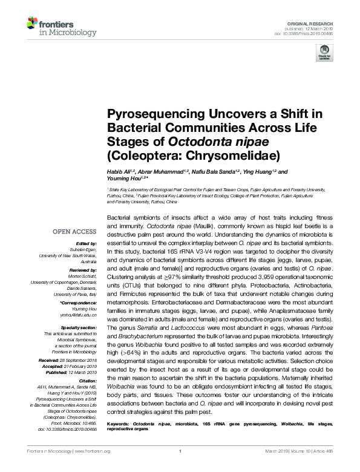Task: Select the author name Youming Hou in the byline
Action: pyautogui.click(x=123, y=179)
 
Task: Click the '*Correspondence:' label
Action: pyautogui.click(x=78, y=302)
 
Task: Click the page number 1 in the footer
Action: pyautogui.click(x=180, y=467)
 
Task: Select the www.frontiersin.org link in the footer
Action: pyautogui.click(x=92, y=467)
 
